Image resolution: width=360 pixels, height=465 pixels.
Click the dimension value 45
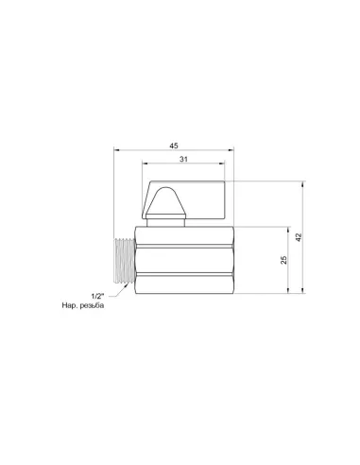[174, 146]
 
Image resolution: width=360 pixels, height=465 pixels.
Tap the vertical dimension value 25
[283, 261]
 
